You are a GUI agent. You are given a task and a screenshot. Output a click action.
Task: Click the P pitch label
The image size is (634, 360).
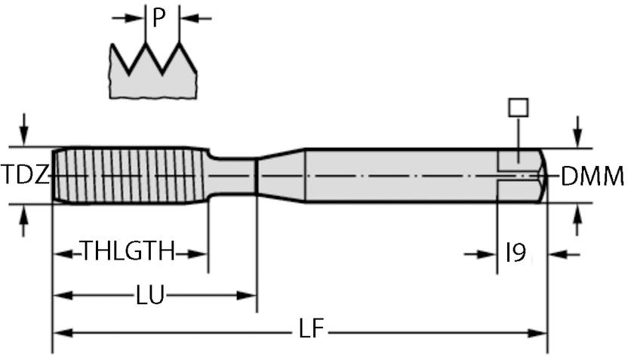tap(158, 17)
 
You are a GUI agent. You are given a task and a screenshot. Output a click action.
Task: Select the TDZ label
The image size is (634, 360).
tap(25, 176)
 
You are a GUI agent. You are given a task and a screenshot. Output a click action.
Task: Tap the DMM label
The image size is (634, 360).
tap(592, 176)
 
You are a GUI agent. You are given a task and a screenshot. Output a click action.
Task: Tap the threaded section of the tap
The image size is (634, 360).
tap(128, 175)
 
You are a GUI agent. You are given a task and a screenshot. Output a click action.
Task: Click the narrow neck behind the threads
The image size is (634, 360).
tap(234, 176)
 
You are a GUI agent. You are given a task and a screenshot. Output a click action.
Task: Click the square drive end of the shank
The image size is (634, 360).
tap(521, 175)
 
